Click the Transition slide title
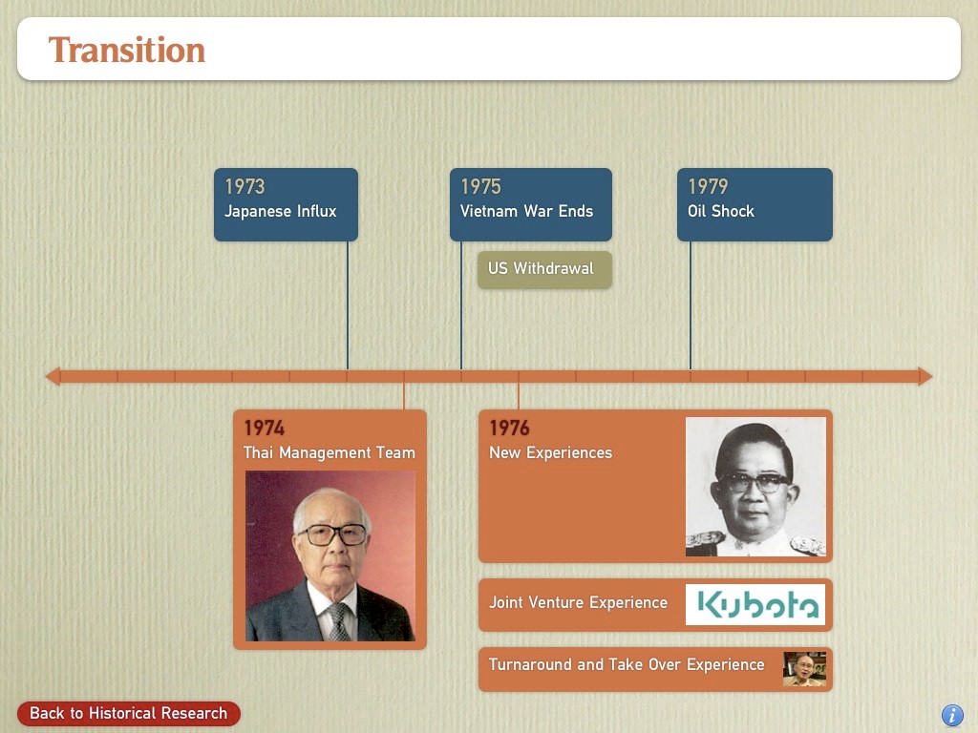pos(127,50)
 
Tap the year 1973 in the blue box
pos(244,186)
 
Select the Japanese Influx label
pos(280,211)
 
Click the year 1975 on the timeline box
pos(480,186)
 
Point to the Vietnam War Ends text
pos(526,211)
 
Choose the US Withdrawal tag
pos(544,269)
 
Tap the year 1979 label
pos(708,186)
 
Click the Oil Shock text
pos(720,211)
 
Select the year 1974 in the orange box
pos(264,428)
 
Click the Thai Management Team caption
pos(330,452)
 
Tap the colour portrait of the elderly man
pos(330,556)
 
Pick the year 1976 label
pos(509,428)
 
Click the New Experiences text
pos(550,452)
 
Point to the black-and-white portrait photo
pos(755,486)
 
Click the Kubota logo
pos(755,604)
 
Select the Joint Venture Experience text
pos(578,603)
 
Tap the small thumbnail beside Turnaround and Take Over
pos(804,669)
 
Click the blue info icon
pos(952,715)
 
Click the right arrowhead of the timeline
pos(925,376)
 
